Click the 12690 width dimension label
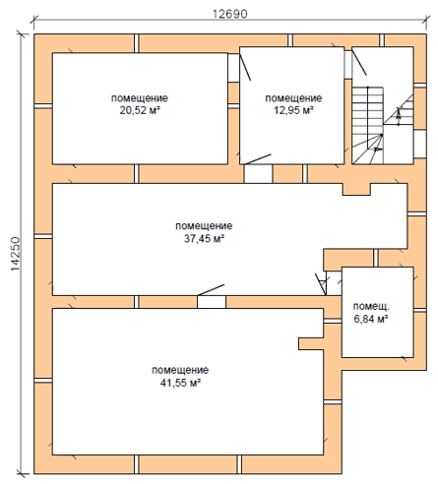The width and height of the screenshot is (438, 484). point(230,14)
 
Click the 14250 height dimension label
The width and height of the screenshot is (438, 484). point(16,254)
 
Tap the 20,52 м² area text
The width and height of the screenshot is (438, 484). point(140,110)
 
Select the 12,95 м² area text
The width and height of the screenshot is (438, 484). point(293,110)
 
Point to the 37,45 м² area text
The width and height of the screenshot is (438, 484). point(204,238)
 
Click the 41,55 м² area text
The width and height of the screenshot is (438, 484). point(180,383)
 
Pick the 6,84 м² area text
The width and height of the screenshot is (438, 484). point(371,319)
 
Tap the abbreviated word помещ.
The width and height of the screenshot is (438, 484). point(371,307)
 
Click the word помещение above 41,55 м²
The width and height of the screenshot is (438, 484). point(180,370)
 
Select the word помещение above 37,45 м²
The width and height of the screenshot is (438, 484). point(204,226)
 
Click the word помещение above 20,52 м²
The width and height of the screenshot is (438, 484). point(140,98)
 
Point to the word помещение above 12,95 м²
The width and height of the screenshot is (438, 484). point(293,98)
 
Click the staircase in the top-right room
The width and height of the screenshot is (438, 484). point(383,125)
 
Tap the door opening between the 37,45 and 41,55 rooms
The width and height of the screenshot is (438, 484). point(212,302)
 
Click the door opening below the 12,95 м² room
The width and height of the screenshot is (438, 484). point(258,174)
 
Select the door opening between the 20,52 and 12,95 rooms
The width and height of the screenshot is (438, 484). point(233,68)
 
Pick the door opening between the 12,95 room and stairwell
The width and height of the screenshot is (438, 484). point(347,65)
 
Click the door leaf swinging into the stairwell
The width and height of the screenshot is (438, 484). point(359,61)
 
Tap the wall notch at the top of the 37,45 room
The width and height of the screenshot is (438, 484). point(356,189)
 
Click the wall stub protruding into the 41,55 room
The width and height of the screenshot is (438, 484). point(311,343)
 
